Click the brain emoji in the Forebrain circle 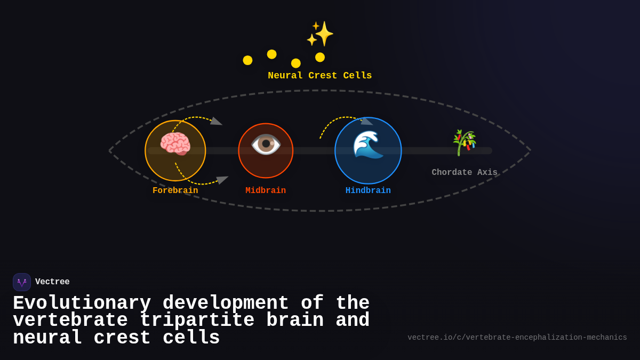(175, 144)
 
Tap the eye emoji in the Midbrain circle (266, 144)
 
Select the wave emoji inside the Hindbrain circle (368, 145)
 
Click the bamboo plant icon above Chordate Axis (464, 142)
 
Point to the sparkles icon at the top (320, 34)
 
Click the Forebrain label (175, 190)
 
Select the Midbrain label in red (266, 190)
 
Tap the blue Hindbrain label (368, 190)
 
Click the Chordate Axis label (464, 172)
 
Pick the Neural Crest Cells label (319, 76)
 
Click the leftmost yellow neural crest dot (247, 60)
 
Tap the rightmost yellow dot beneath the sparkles (320, 57)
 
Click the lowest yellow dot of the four (296, 63)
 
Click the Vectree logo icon (22, 282)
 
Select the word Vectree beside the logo (52, 282)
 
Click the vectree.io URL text (517, 338)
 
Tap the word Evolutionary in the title (82, 303)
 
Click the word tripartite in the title (197, 321)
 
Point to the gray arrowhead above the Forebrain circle (216, 122)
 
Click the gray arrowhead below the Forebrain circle (222, 180)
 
